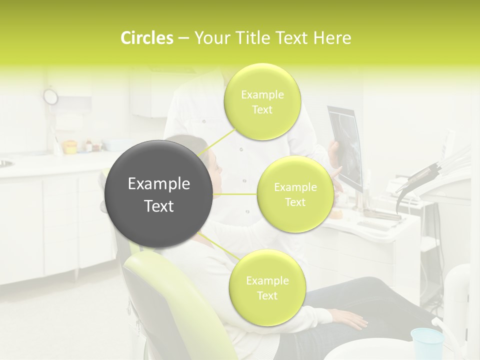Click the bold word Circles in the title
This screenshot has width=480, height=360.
(x=146, y=38)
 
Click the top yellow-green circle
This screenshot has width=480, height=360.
(x=262, y=101)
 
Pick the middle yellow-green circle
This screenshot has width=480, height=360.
(x=295, y=194)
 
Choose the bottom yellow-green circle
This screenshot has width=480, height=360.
(x=267, y=287)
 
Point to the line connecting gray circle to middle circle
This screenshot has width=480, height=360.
(x=235, y=194)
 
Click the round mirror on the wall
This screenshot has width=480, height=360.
(x=50, y=96)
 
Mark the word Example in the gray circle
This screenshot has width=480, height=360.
(x=159, y=184)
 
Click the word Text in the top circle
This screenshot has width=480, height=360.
(x=262, y=110)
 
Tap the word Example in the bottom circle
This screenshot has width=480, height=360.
(x=267, y=280)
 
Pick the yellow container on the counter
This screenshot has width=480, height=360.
(x=69, y=147)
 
